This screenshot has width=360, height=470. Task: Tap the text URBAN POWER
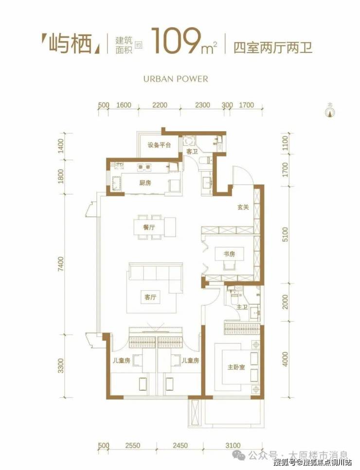click(x=176, y=79)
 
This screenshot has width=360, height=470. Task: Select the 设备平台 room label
click(x=159, y=145)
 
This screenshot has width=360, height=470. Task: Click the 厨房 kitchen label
click(x=145, y=183)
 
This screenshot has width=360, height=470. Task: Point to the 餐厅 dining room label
click(x=149, y=227)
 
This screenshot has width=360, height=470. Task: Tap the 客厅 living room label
click(x=150, y=297)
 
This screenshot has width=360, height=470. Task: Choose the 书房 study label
click(x=229, y=254)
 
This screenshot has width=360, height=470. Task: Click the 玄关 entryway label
click(x=243, y=207)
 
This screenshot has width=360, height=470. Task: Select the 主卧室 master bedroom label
click(x=236, y=367)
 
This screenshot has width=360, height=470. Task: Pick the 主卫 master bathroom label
click(x=242, y=307)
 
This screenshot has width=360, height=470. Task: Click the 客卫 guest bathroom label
click(x=192, y=152)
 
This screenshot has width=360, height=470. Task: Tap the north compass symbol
click(x=330, y=110)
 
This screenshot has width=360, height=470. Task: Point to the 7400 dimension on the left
click(x=61, y=264)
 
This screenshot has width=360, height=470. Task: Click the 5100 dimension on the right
click(x=285, y=235)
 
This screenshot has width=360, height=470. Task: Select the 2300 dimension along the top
click(x=202, y=105)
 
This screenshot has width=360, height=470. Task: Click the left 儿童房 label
click(x=121, y=360)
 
